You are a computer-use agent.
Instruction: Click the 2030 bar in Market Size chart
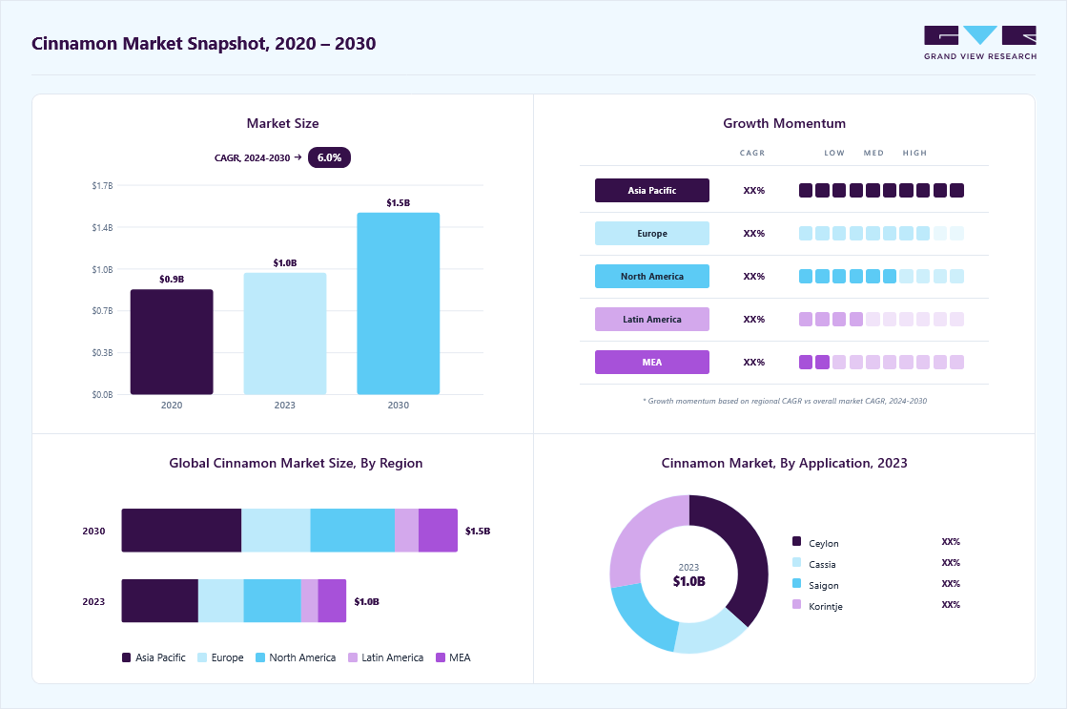tap(399, 303)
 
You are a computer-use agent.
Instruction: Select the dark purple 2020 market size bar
tap(172, 342)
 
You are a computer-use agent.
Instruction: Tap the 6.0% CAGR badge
tap(329, 157)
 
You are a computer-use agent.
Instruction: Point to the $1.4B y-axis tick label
tap(102, 228)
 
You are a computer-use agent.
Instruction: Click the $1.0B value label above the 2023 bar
tap(285, 263)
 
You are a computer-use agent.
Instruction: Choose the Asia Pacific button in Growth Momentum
tap(652, 190)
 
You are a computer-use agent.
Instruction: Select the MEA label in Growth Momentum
tap(652, 362)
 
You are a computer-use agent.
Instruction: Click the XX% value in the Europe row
tap(754, 233)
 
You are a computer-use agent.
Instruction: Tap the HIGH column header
tap(914, 153)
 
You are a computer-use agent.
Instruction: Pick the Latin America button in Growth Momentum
tap(652, 319)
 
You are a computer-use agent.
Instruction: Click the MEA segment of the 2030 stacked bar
tap(438, 531)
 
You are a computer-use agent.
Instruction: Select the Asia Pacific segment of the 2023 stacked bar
tap(160, 600)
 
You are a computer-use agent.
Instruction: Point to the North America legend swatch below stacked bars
tap(260, 657)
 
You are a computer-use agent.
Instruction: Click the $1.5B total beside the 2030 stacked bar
tap(478, 532)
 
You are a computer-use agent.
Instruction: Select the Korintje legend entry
tap(817, 606)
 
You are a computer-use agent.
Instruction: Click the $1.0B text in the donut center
tap(688, 581)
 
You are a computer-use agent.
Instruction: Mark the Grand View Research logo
tap(980, 43)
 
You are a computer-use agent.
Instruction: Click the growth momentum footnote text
tap(785, 401)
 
